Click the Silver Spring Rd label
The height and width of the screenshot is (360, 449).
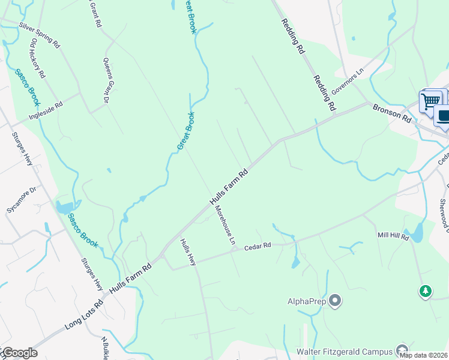[x=40, y=35]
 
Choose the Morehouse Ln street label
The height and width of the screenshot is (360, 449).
[x=224, y=224]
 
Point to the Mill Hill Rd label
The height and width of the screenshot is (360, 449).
[x=393, y=237]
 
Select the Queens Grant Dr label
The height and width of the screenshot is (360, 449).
[x=108, y=81]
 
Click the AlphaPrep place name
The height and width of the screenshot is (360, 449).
[x=307, y=301]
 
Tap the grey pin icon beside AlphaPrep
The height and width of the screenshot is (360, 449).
[x=335, y=301]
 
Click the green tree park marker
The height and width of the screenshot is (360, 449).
[x=426, y=292]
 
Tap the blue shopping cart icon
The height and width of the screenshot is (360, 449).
[x=430, y=101]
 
